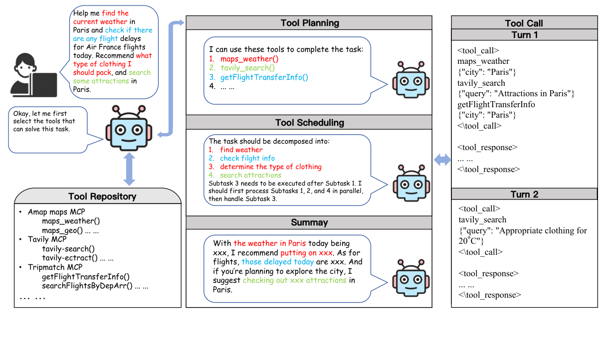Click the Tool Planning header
point(309,23)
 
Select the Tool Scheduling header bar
point(309,123)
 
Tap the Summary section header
point(309,223)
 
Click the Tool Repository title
point(102,196)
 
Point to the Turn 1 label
point(524,35)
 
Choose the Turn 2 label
point(524,194)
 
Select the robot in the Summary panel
point(409,277)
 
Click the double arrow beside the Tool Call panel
point(442,160)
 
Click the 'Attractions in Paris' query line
point(516,94)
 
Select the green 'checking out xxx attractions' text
point(294,280)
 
